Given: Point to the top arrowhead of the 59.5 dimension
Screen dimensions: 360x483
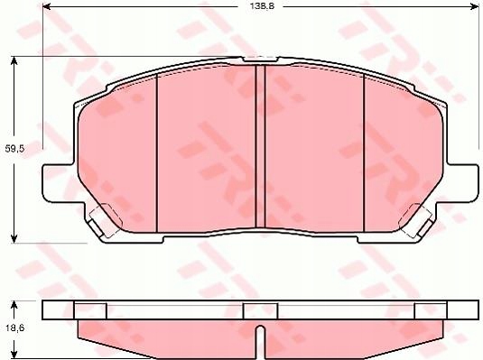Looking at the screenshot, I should click(14, 60).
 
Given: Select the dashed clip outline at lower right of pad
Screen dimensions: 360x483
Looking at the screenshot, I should click(419, 217).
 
